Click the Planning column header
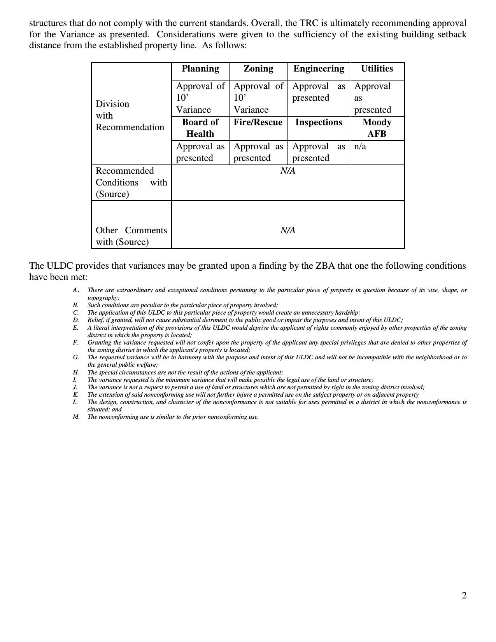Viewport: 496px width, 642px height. pyautogui.click(x=200, y=69)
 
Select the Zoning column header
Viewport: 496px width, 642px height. pyautogui.click(x=258, y=69)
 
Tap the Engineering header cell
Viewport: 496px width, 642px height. pyautogui.click(x=319, y=69)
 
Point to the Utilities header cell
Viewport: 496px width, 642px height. pyautogui.click(x=377, y=69)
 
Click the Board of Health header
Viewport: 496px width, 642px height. pyautogui.click(x=200, y=128)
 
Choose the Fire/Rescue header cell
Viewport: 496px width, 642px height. pyautogui.click(x=258, y=122)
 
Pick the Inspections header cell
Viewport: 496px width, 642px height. pyautogui.click(x=319, y=122)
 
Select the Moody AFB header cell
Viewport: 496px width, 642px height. pyautogui.click(x=377, y=128)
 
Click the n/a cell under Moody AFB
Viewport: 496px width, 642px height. pyautogui.click(x=360, y=147)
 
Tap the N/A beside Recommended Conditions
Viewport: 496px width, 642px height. pyautogui.click(x=288, y=171)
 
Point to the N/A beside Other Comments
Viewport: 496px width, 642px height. pyautogui.click(x=288, y=231)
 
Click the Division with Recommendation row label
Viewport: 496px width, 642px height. pyautogui.click(x=130, y=115)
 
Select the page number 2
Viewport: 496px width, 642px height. pyautogui.click(x=464, y=596)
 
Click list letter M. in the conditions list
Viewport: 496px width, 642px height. pyautogui.click(x=76, y=417)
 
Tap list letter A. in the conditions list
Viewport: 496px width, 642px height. pyautogui.click(x=76, y=290)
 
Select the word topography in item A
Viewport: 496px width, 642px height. pyautogui.click(x=102, y=298)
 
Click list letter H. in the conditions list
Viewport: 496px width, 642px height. pyautogui.click(x=76, y=373)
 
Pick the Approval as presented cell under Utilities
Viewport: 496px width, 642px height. pyautogui.click(x=372, y=98)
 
